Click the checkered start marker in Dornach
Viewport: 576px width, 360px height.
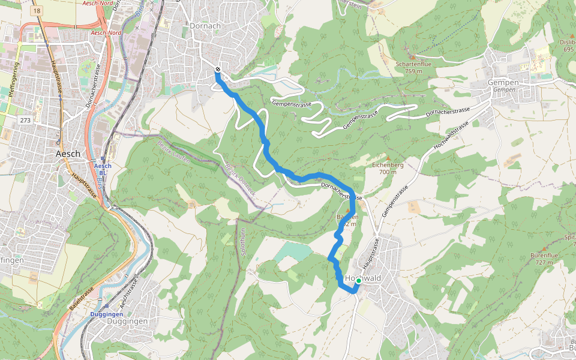pyautogui.click(x=217, y=70)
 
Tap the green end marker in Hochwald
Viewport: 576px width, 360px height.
pyautogui.click(x=358, y=281)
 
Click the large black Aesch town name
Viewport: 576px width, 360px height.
pyautogui.click(x=67, y=154)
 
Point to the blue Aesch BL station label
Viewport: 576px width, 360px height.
pyautogui.click(x=103, y=169)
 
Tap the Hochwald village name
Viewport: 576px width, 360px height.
pyautogui.click(x=364, y=278)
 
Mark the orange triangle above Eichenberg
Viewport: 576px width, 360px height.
pyautogui.click(x=387, y=158)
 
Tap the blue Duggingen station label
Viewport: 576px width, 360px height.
pyautogui.click(x=106, y=314)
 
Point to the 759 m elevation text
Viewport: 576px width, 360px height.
pyautogui.click(x=413, y=71)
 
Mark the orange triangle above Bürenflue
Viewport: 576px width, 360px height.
pyautogui.click(x=544, y=248)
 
